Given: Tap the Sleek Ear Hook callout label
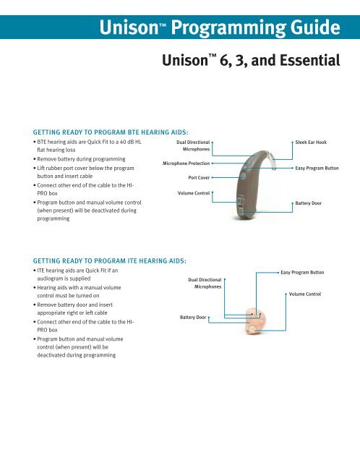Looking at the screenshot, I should click(x=312, y=143).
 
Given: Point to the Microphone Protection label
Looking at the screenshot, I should click(x=186, y=164).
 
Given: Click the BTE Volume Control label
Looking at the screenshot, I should click(x=193, y=193).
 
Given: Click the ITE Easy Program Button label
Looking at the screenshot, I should click(x=302, y=273).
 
